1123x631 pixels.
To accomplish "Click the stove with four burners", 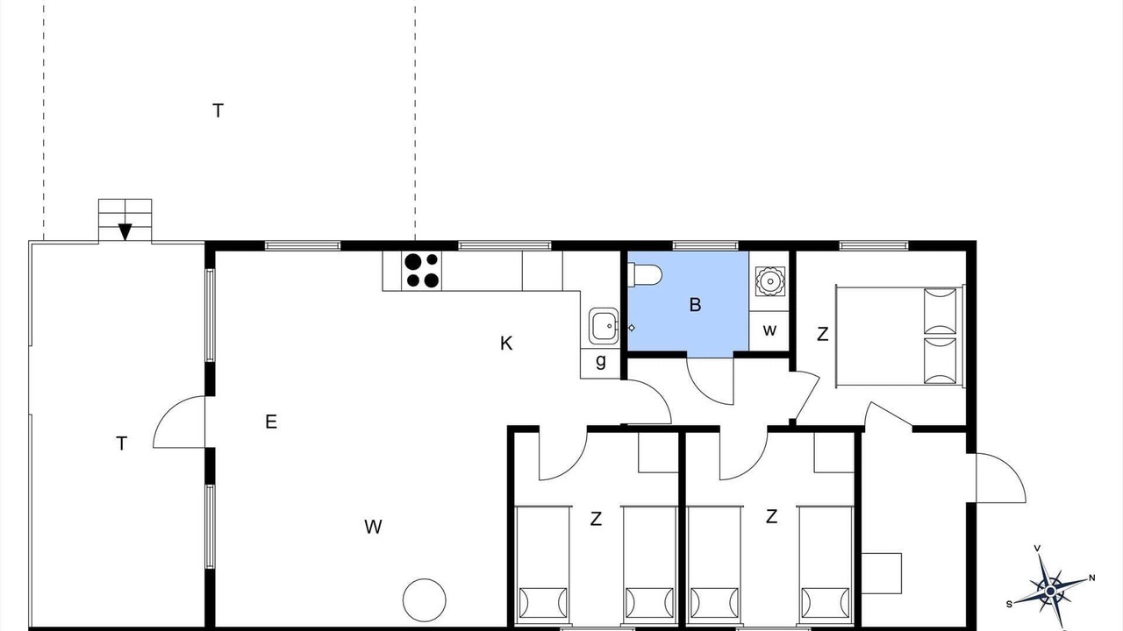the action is point(422,271).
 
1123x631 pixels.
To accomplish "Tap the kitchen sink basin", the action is point(603,326).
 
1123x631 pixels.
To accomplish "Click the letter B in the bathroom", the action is point(695,304).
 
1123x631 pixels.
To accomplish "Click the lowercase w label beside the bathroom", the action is point(769,330).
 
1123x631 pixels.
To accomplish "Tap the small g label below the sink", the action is point(601,360).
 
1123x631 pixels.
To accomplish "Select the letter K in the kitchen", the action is point(506,344).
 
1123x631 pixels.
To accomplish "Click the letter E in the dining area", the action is point(271,422).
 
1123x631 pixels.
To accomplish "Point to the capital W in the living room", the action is point(373,527).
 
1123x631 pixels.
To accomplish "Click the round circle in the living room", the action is point(424,600).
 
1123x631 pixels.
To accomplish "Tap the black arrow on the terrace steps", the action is point(125,232).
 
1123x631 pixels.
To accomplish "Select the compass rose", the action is point(1051,591).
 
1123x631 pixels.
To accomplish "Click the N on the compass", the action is point(1092,578).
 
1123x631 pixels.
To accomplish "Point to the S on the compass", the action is point(1009,605).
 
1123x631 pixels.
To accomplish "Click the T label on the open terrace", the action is point(218,110).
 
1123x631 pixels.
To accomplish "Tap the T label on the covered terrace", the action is point(121,443).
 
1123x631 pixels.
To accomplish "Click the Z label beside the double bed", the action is point(822,334).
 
